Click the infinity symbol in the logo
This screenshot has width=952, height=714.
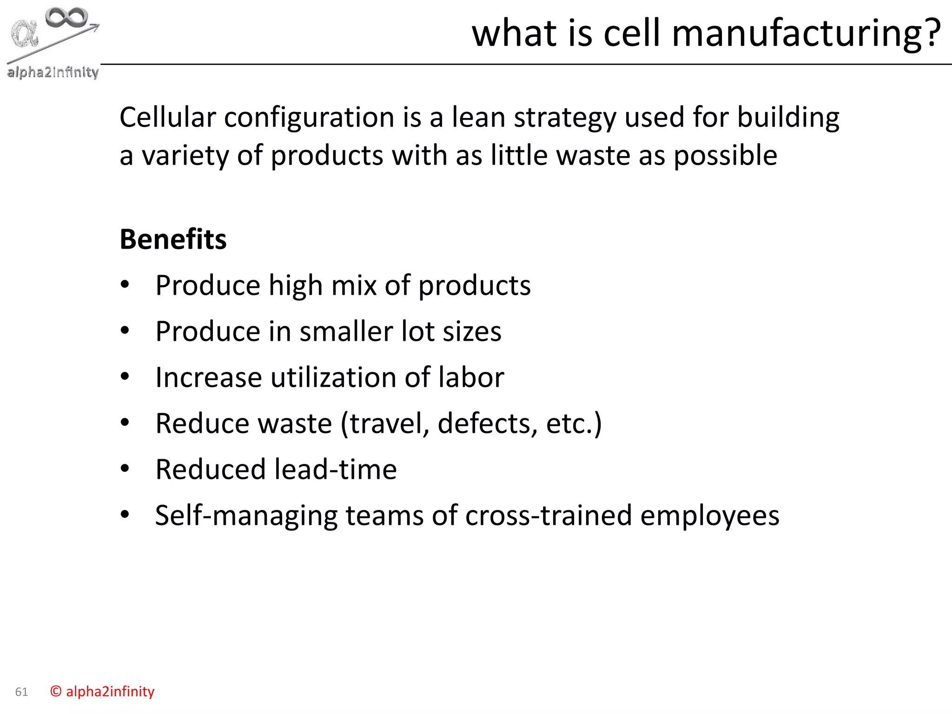(x=67, y=17)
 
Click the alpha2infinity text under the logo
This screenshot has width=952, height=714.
(x=53, y=73)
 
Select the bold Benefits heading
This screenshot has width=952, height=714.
(x=173, y=239)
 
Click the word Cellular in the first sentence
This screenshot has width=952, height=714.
(x=167, y=117)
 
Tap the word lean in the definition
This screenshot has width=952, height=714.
(x=478, y=117)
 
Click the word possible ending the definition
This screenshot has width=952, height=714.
(x=725, y=156)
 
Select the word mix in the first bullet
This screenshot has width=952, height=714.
(x=353, y=285)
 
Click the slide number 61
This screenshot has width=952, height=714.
(x=21, y=692)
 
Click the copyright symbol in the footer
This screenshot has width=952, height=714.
(x=56, y=692)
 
